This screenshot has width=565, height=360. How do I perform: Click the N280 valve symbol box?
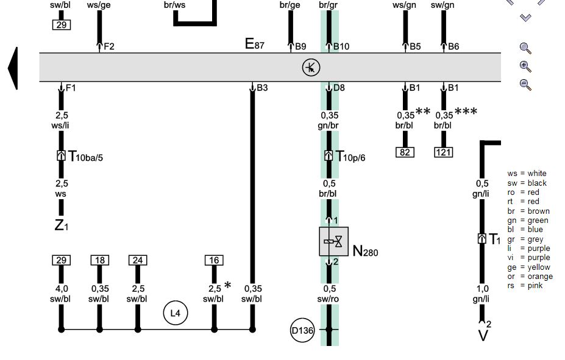point(333,242)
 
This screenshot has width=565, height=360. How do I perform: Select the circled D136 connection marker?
point(302,331)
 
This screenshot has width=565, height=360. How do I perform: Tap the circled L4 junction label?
point(175,313)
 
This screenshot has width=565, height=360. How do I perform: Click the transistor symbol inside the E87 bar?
point(311,68)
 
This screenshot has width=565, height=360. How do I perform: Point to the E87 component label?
point(254,44)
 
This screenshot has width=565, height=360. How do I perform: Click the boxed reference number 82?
point(405,152)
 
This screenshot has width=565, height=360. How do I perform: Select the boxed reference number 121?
point(443,152)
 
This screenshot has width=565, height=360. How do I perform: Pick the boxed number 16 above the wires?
point(214,261)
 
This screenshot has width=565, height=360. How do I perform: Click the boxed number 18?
point(100,261)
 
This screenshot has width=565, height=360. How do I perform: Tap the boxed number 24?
point(138,261)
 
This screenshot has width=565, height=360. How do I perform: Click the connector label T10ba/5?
point(85,157)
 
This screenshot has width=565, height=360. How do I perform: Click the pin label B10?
point(341,46)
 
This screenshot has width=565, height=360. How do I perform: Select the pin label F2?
point(108,46)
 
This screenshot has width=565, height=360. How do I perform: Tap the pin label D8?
point(339,88)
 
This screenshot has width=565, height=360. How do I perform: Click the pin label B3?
point(262,88)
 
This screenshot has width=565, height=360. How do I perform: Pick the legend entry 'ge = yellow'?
point(528,267)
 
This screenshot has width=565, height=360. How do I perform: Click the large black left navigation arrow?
point(13,68)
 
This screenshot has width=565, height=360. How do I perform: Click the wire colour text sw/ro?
point(329,299)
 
